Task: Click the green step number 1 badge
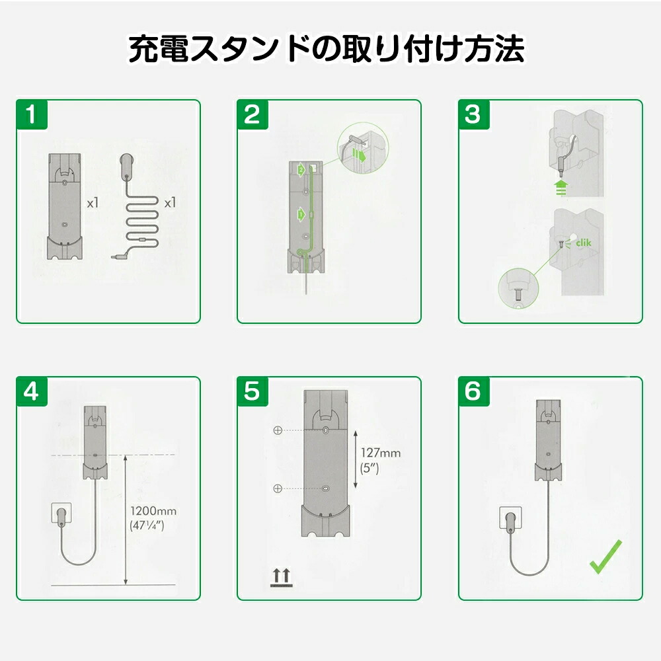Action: tap(32, 114)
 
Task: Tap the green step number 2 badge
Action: tap(253, 114)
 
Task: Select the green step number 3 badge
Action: tap(473, 114)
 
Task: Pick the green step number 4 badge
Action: tap(32, 391)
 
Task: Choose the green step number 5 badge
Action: tap(253, 391)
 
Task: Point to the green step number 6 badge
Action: tap(473, 391)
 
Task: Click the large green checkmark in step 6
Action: tap(605, 557)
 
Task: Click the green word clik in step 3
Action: tap(584, 243)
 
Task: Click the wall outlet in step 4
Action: tap(61, 513)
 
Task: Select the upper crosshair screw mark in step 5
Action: tap(278, 430)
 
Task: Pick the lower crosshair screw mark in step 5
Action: tap(278, 488)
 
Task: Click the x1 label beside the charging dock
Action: tap(93, 203)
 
